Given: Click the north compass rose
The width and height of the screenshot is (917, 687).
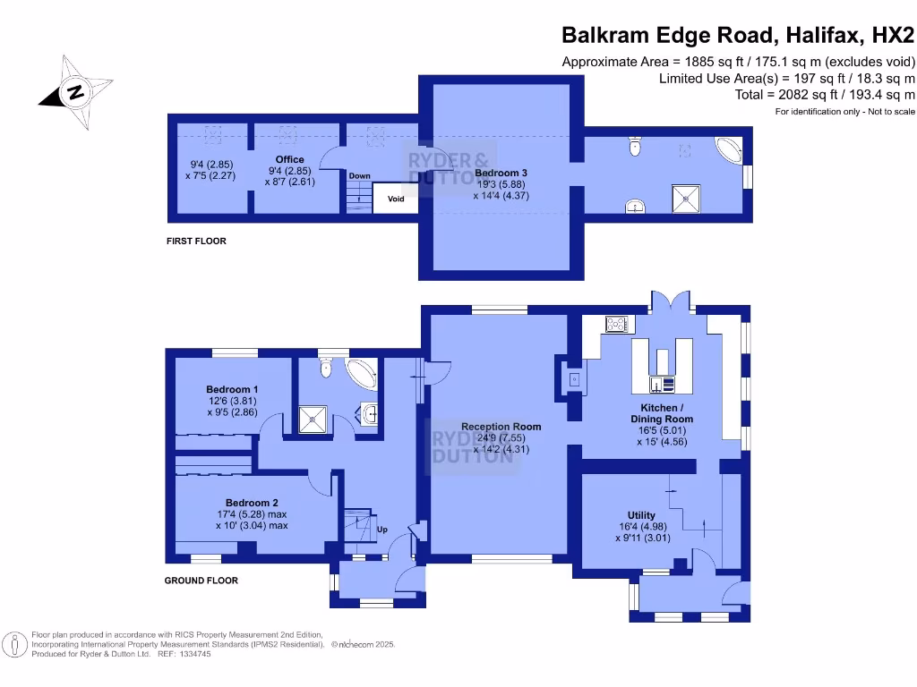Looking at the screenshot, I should (75, 92).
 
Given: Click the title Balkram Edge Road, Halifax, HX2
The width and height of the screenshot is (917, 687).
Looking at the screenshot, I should (738, 36).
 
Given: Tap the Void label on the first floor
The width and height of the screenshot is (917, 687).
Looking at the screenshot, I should (396, 199).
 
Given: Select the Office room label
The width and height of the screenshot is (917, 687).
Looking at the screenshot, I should (289, 160).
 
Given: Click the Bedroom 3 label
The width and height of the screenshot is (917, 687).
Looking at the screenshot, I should (501, 173).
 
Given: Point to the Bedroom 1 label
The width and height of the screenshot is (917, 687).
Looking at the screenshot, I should (232, 389).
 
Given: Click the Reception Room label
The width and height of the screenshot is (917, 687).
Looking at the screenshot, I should (501, 427).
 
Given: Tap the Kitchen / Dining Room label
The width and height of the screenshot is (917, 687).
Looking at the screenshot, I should (662, 413).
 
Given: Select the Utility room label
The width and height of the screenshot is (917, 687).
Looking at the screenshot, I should (641, 515).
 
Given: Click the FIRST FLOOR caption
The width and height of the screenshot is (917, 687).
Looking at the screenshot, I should (196, 241).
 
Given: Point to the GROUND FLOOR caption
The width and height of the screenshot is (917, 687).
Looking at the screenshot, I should (201, 581).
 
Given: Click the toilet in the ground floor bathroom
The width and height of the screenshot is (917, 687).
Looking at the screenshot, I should (327, 366).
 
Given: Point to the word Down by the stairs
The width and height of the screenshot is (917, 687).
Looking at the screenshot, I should (359, 175).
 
